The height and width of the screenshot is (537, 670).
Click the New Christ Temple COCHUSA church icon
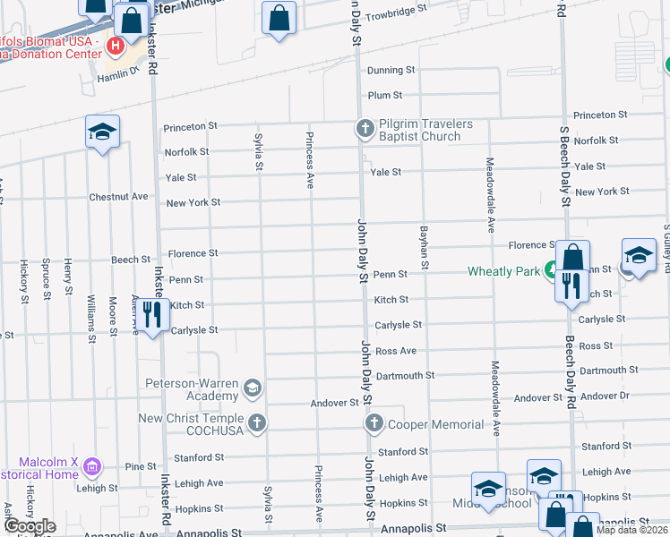click(256, 422)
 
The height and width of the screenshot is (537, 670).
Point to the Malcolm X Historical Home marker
click(91, 465)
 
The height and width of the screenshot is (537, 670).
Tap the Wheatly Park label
click(502, 271)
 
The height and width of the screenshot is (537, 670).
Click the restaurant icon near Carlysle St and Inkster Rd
click(153, 314)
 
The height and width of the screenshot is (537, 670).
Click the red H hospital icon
click(115, 44)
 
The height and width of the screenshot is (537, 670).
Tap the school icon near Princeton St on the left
click(102, 132)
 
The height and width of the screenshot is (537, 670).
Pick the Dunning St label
click(391, 69)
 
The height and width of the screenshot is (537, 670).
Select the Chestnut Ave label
click(118, 197)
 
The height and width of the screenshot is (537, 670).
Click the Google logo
click(29, 526)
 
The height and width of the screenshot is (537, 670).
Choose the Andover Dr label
click(606, 396)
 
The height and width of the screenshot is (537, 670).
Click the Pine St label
click(141, 466)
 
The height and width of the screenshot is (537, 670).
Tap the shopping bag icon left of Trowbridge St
click(279, 17)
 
